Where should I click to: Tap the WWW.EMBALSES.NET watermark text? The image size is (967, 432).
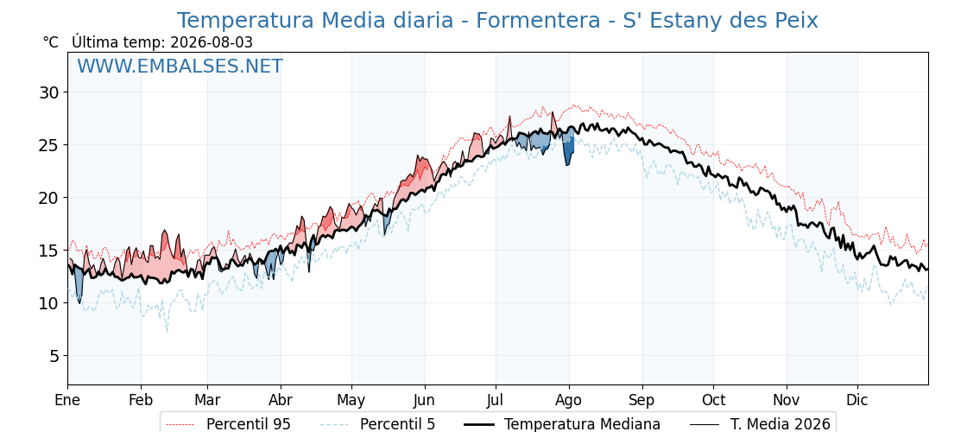[180, 66]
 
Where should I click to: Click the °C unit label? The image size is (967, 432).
[51, 42]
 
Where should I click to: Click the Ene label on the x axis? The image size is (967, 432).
[67, 401]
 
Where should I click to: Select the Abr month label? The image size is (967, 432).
[281, 401]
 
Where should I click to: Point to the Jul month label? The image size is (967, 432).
[496, 401]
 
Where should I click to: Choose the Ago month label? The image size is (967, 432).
[569, 401]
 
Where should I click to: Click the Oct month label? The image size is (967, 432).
[713, 401]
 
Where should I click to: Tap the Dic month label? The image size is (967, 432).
[857, 401]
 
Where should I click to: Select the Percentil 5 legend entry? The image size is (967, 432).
[378, 424]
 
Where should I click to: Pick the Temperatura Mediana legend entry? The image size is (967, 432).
[562, 424]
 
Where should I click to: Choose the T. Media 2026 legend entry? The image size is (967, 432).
[761, 424]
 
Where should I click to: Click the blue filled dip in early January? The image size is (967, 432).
[79, 283]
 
